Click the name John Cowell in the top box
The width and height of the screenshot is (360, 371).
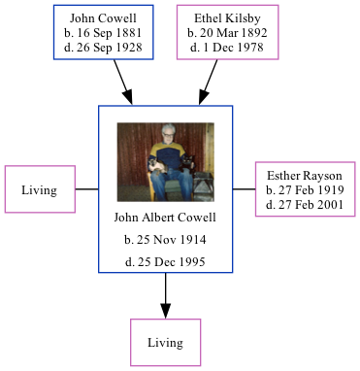(104, 18)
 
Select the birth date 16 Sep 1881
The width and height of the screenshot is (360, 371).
(104, 33)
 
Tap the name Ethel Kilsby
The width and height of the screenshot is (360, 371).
(228, 18)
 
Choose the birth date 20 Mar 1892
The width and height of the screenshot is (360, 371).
(228, 33)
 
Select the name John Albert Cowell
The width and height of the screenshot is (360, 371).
(165, 217)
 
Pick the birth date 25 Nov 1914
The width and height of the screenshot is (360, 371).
(165, 239)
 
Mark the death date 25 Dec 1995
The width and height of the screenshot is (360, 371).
(165, 262)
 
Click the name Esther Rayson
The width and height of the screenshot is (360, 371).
(305, 176)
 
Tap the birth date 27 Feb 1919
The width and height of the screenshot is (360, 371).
(305, 190)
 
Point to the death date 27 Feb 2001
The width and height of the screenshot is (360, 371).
(305, 205)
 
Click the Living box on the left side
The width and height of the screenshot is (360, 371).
(41, 189)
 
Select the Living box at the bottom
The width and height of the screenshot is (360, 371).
(165, 342)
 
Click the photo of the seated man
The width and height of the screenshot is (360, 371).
(165, 161)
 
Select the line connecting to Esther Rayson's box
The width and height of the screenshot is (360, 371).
(244, 188)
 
